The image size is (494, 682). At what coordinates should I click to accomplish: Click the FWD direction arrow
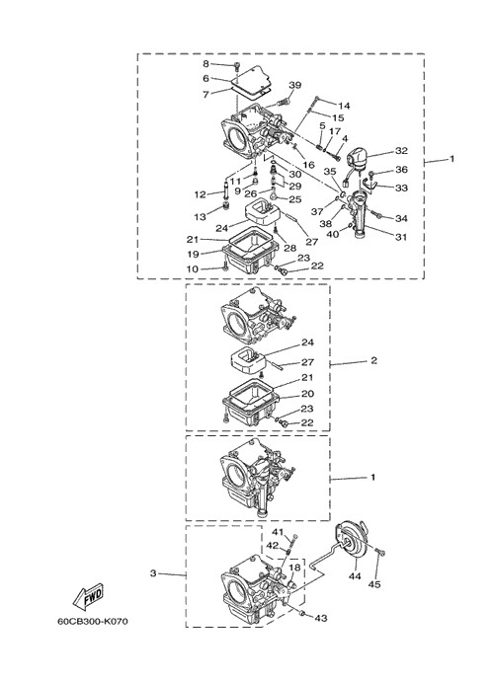(x=88, y=595)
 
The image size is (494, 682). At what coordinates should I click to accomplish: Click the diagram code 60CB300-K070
(x=93, y=621)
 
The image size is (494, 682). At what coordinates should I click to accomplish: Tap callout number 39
(x=295, y=85)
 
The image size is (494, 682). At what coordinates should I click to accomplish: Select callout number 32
(x=401, y=150)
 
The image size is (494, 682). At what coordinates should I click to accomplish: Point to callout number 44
(x=355, y=576)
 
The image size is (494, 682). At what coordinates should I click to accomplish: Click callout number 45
(x=374, y=584)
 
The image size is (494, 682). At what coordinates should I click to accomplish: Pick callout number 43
(x=321, y=618)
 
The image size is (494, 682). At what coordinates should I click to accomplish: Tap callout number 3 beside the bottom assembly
(x=153, y=573)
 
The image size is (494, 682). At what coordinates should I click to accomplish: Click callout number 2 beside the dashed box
(x=373, y=360)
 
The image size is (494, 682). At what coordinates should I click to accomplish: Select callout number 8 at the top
(x=206, y=64)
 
